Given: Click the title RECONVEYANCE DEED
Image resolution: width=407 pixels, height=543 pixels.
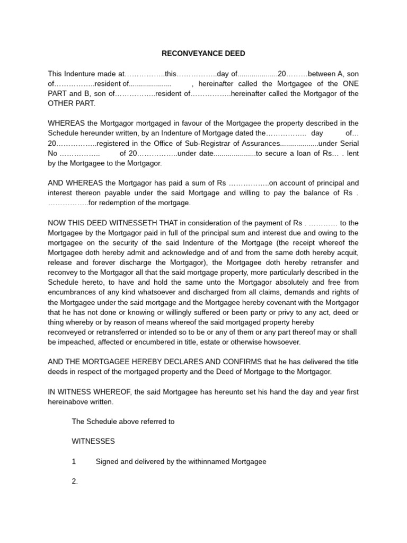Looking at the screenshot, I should pos(203,54).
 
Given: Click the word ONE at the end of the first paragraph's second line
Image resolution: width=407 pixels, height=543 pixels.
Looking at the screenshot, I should pos(349,84).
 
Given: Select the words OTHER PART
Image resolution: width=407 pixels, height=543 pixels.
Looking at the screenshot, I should pos(71,103).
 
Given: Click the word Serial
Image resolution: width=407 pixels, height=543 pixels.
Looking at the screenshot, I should pos(348,144).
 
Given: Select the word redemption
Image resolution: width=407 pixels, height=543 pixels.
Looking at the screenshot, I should pos(125,203).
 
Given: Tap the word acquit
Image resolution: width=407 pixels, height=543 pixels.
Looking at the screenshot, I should pos(348,252).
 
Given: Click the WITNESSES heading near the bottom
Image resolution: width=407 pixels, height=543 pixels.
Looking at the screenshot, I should pos(93,441).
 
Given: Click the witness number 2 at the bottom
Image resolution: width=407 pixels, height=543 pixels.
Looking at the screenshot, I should pos(74,481).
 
